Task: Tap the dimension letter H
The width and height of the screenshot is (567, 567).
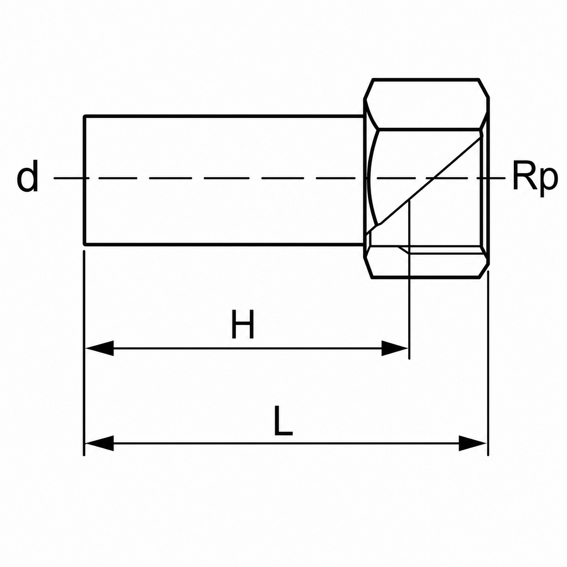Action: [243, 324]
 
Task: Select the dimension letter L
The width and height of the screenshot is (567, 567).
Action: [283, 420]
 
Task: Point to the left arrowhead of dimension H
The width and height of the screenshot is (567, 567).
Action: [99, 348]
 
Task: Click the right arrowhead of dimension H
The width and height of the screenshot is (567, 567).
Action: [395, 348]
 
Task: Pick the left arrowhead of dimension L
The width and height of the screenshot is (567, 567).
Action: [99, 444]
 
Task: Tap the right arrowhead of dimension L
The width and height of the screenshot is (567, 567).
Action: [473, 444]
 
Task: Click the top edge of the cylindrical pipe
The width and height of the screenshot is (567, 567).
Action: [224, 116]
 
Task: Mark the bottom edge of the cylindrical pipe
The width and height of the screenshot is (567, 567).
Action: [224, 245]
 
